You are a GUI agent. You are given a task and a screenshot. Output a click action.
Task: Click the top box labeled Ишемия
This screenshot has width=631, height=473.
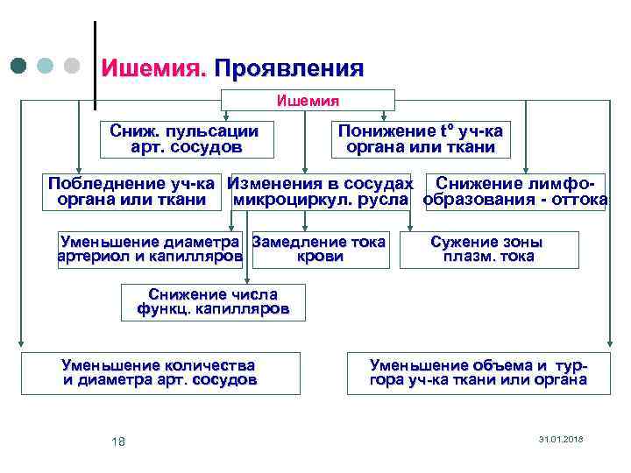[308, 100]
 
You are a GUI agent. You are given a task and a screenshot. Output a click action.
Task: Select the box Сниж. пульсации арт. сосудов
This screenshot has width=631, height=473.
[184, 139]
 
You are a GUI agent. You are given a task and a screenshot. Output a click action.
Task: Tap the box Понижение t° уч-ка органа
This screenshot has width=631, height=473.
[420, 139]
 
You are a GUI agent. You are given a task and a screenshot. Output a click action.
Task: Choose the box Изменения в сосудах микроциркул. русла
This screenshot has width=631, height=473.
[320, 192]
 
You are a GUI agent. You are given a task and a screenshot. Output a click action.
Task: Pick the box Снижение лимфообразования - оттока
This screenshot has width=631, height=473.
[515, 192]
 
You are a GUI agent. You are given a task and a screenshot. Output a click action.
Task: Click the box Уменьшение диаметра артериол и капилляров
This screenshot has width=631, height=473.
[150, 250]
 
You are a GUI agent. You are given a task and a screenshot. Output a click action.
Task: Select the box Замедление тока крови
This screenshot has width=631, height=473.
[319, 250]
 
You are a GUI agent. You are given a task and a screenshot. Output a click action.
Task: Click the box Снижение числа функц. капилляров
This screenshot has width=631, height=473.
[213, 302]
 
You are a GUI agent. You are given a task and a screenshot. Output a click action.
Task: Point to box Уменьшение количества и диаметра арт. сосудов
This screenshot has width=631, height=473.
[160, 373]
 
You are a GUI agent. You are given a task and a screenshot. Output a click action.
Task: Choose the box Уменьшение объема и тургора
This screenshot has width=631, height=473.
[478, 373]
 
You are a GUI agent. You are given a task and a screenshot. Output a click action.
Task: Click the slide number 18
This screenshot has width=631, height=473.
[118, 441]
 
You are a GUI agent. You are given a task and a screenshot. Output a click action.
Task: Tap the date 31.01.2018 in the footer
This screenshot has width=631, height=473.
[561, 438]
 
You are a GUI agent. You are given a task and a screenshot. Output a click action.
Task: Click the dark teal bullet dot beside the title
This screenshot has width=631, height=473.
[19, 66]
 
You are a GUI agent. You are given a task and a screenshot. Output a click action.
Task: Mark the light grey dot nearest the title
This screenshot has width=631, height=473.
[73, 66]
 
